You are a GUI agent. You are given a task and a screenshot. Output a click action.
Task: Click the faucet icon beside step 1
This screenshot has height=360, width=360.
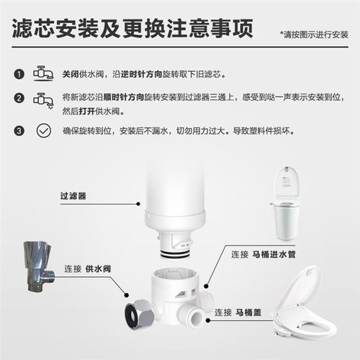[x=40, y=74]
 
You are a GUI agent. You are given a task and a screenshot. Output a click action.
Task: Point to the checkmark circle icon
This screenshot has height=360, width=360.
[x=43, y=131]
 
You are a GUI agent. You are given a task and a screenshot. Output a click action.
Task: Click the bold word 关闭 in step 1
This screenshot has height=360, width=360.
[x=71, y=75]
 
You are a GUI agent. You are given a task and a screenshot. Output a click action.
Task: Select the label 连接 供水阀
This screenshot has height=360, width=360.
[x=84, y=268]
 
